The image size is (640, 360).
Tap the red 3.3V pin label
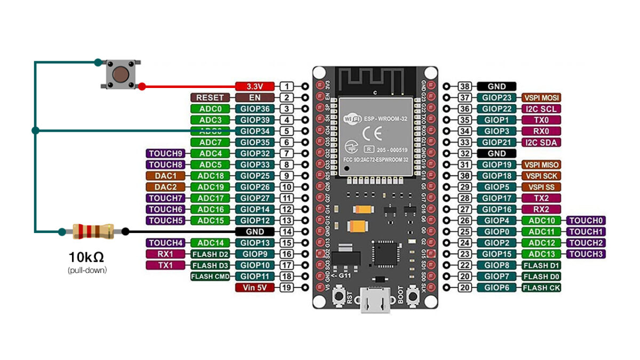click(x=255, y=86)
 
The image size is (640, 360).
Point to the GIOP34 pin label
click(x=255, y=131)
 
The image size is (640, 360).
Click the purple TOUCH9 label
click(x=165, y=154)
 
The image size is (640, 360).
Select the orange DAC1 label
click(x=165, y=176)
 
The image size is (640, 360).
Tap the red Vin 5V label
click(x=255, y=287)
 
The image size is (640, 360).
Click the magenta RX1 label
click(x=165, y=254)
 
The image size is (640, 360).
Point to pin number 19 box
click(x=286, y=287)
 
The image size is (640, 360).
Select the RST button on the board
click(x=338, y=296)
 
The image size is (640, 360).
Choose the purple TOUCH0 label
click(x=587, y=220)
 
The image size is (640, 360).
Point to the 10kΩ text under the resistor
click(x=86, y=257)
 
